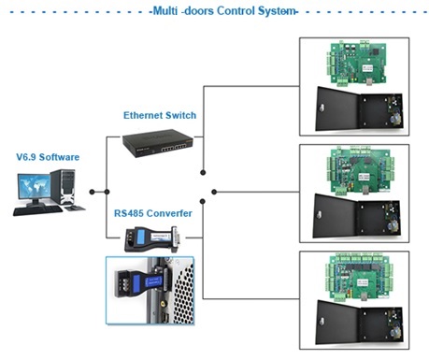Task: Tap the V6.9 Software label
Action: click(x=47, y=157)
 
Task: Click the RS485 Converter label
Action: click(x=153, y=213)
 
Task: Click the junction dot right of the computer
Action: click(x=92, y=192)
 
